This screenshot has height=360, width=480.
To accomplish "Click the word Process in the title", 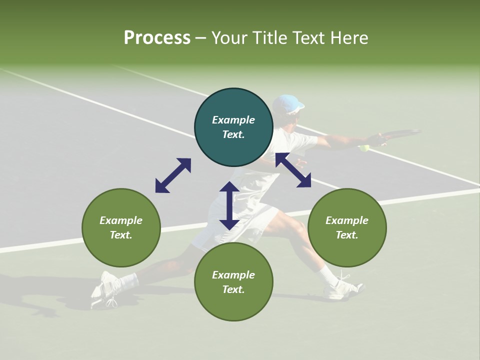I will tap(157, 38).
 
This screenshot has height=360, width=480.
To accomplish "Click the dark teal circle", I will tap(233, 127).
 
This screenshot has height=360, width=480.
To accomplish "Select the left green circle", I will tap(121, 227).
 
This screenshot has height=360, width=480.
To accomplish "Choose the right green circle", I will tap(347, 227).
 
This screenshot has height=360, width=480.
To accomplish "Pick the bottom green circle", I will tap(233, 282).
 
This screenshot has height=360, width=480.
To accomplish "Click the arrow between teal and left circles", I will tap(173, 175).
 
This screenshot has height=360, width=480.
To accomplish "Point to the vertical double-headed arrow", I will tap(229, 205).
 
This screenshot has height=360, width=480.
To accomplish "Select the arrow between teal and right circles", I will tap(293, 170).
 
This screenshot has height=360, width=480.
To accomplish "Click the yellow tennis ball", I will tap(364, 148).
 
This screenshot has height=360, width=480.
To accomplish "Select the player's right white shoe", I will tap(344, 288).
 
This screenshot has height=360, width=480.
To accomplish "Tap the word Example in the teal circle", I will tap(233, 120).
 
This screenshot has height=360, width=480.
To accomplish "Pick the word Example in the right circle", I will tap(347, 220).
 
